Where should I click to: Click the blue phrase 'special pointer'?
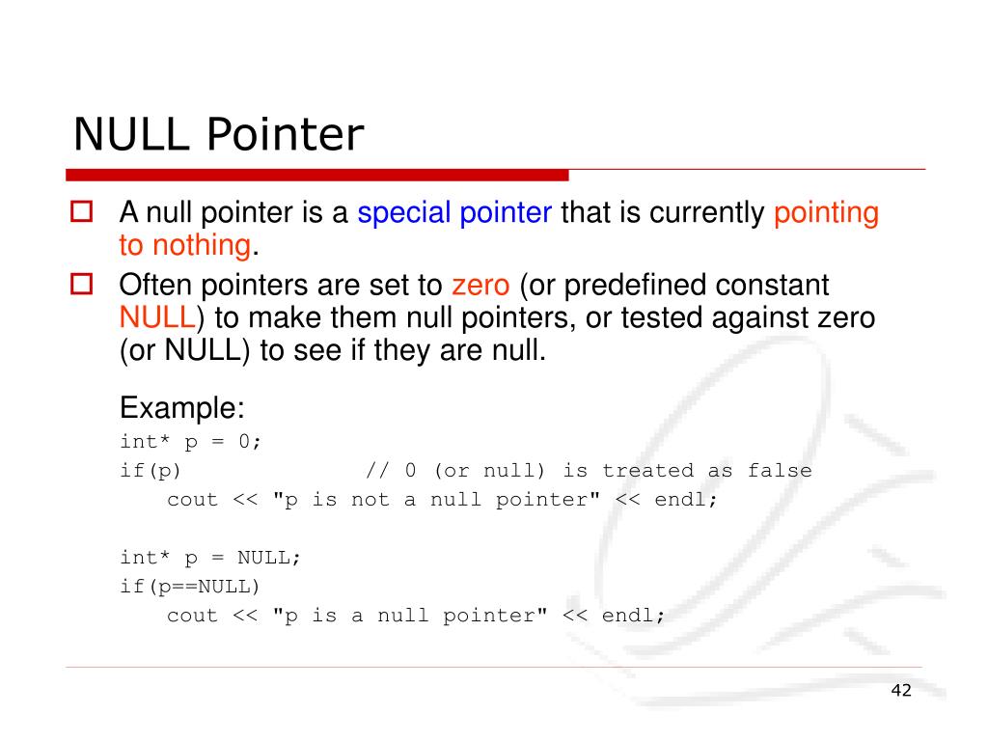[454, 212]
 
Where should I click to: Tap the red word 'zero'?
[480, 286]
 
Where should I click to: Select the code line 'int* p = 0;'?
[191, 441]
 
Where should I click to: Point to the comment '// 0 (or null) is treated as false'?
[589, 471]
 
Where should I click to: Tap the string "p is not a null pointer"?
[438, 500]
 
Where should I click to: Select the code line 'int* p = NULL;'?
[210, 557]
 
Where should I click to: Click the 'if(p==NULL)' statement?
[190, 586]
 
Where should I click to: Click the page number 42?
[901, 690]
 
